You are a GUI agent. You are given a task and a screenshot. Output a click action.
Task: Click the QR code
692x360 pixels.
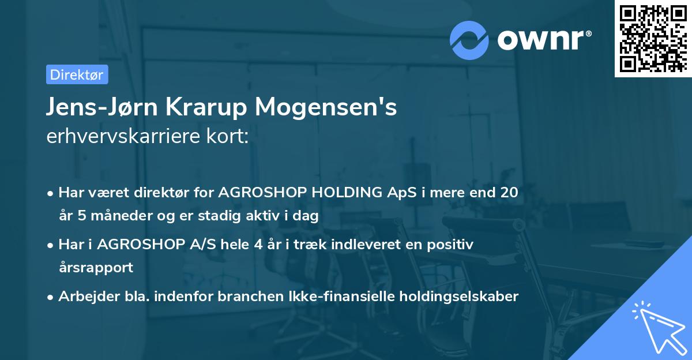click(653, 39)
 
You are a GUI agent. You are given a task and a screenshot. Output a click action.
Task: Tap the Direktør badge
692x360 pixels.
click(77, 74)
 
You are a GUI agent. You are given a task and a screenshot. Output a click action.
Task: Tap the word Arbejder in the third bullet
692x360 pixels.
click(84, 297)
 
